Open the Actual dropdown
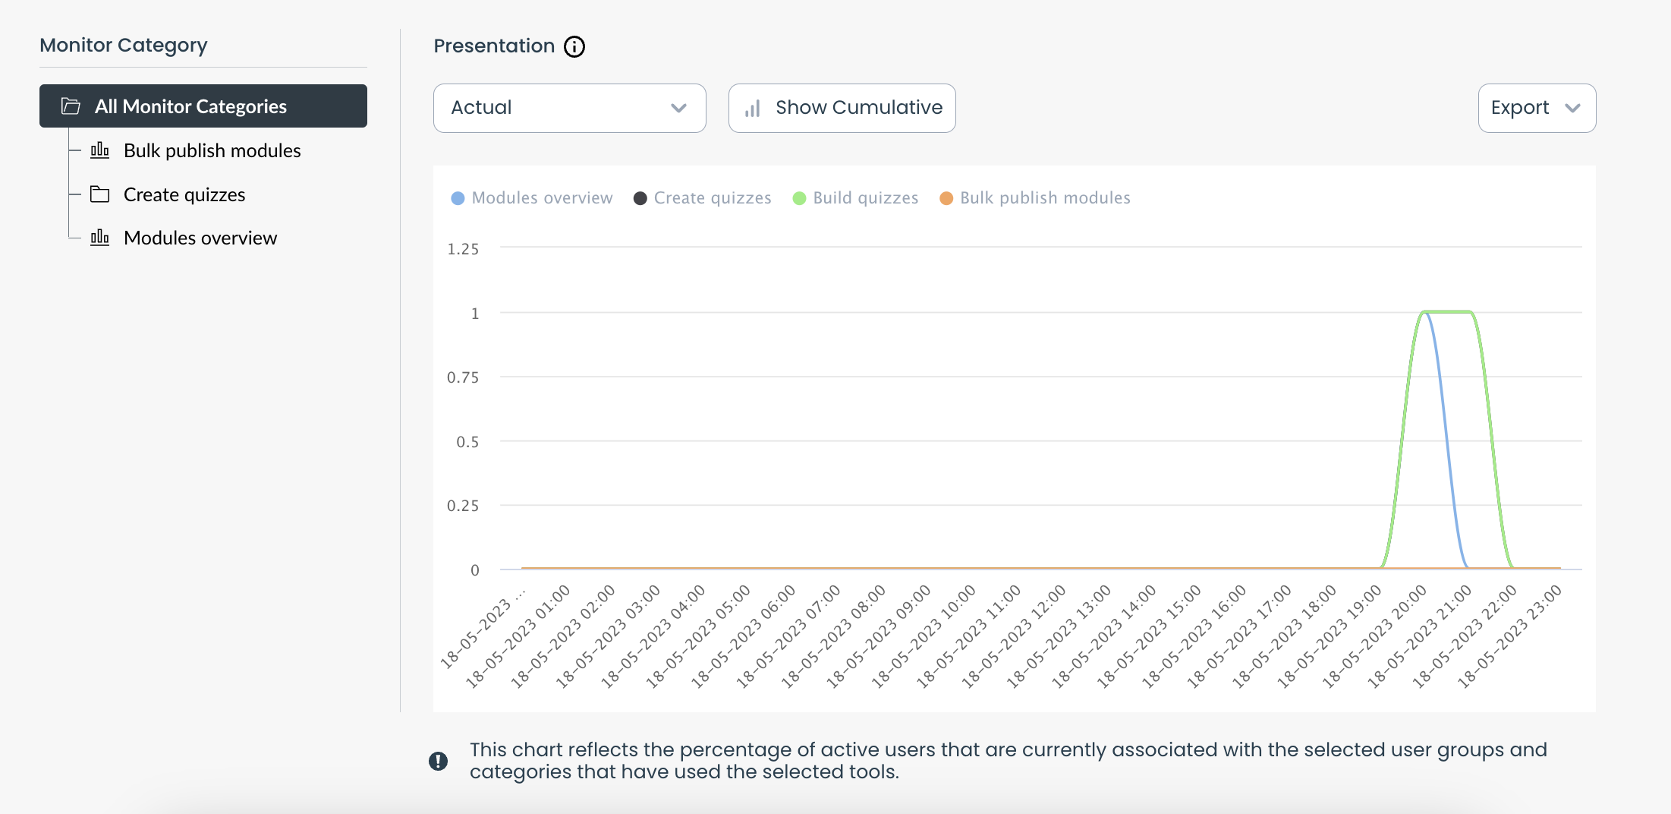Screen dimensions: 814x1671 click(x=569, y=108)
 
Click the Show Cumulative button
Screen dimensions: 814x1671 click(x=842, y=108)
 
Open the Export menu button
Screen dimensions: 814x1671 click(x=1536, y=108)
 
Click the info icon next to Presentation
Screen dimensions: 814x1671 click(x=574, y=46)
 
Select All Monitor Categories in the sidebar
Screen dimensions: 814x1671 click(x=203, y=106)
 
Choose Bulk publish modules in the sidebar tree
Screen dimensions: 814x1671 click(x=212, y=150)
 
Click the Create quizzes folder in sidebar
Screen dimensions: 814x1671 click(x=184, y=194)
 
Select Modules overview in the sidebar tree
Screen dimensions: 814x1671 click(x=200, y=238)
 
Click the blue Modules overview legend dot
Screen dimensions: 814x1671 click(x=458, y=198)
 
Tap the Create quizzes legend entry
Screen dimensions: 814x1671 click(x=703, y=198)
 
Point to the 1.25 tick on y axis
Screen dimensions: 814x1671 click(x=463, y=249)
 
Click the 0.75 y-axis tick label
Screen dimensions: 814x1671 click(x=463, y=377)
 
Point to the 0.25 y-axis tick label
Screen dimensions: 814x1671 click(x=463, y=506)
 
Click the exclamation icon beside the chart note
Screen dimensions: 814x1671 click(x=438, y=761)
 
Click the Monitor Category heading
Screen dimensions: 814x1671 click(x=123, y=46)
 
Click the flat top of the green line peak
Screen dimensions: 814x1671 click(x=1449, y=312)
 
